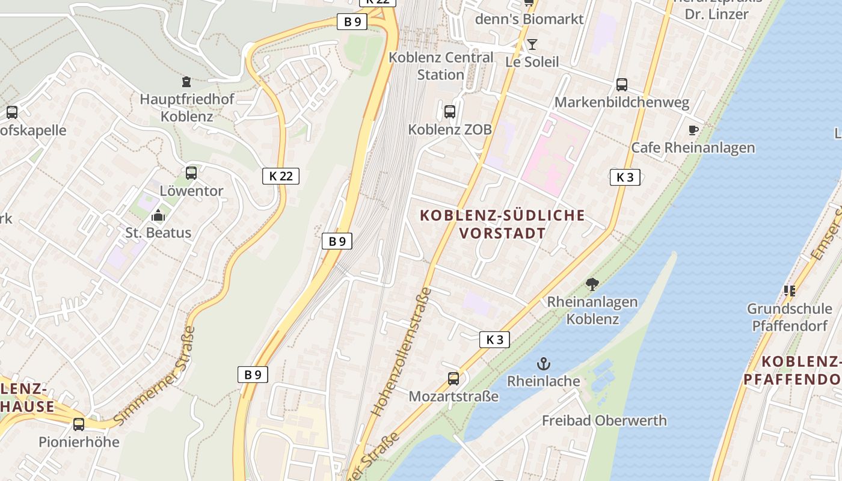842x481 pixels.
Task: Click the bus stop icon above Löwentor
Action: coord(191,173)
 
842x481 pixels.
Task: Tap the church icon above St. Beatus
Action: coord(158,215)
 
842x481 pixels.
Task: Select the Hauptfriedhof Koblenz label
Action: coord(186,108)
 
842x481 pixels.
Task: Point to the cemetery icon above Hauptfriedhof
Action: coord(186,81)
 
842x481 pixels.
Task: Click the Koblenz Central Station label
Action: coord(441,66)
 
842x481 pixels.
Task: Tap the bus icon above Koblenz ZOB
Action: coord(450,111)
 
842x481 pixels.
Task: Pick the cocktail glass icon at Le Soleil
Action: coord(532,44)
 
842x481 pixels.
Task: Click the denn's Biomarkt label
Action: coord(529,19)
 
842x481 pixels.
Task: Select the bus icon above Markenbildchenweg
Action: coord(622,85)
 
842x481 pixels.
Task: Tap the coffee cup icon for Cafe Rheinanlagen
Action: coord(693,130)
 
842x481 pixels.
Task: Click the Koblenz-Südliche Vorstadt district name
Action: coord(502,224)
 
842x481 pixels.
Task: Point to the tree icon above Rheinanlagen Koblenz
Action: coord(592,284)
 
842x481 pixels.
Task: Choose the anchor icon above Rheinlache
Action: coord(544,364)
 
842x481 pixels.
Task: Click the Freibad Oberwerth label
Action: coord(604,420)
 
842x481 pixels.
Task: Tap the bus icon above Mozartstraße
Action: coord(453,379)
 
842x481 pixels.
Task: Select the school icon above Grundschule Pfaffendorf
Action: coord(790,291)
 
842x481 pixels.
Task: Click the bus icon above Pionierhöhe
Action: coord(79,424)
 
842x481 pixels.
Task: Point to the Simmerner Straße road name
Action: coord(155,376)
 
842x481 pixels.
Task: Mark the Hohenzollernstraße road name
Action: coord(401,352)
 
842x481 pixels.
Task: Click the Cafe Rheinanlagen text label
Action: coord(693,148)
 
